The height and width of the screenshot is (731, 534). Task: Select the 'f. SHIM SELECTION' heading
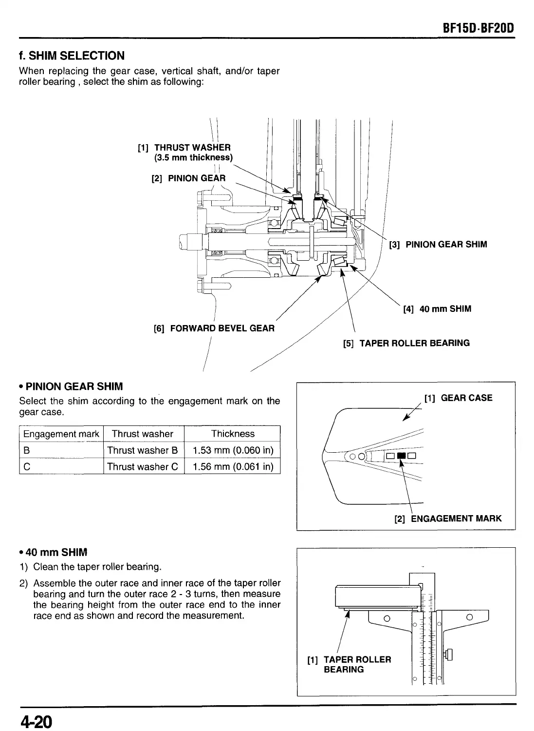coord(72,56)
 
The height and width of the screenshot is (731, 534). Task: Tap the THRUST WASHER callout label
coord(192,147)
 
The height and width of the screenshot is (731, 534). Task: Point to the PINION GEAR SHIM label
coord(446,244)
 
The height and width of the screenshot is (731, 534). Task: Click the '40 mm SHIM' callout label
coord(444,308)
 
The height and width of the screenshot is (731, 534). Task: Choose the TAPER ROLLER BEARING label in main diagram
coord(414,343)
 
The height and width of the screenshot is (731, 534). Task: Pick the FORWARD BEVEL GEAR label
coord(221,328)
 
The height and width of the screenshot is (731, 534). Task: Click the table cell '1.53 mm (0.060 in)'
coord(233,450)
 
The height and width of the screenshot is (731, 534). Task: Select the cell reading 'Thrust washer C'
coord(143,466)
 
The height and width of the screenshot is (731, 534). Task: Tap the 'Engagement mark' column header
coord(61,434)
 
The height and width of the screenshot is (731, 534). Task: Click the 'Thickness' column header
coord(233,434)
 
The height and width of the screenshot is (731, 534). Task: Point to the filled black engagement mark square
coord(401,456)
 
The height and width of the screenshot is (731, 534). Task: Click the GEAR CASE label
coord(466,398)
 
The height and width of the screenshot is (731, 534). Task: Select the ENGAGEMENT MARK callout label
coord(456,518)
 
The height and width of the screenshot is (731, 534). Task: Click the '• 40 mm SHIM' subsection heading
coord(53,552)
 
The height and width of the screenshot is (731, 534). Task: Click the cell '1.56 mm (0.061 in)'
coord(233,466)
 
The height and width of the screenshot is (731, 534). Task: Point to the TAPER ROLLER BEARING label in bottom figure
coord(357,664)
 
